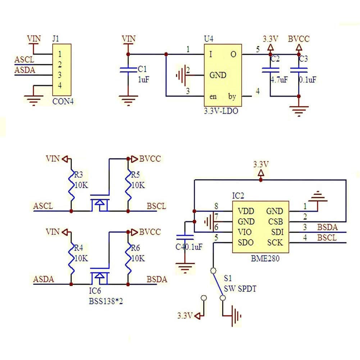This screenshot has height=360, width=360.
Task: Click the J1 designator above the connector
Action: (56, 38)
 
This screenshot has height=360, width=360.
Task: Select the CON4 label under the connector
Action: (63, 101)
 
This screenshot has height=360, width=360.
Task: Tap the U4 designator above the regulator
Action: (209, 39)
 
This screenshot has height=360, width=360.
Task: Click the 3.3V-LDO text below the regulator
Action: (221, 111)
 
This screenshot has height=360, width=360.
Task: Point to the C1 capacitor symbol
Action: (128, 70)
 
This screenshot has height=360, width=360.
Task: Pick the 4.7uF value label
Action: (279, 80)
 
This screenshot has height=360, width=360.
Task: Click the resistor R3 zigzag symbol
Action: (71, 186)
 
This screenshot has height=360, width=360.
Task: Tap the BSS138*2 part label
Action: (106, 301)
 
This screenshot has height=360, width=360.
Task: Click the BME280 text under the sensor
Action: (265, 259)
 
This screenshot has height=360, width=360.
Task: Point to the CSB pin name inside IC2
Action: (275, 222)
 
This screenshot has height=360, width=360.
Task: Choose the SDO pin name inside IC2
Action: (246, 242)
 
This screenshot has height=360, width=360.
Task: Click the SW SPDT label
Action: (240, 288)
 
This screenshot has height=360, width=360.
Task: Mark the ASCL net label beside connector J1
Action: (24, 60)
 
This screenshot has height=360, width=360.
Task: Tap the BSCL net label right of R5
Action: (156, 206)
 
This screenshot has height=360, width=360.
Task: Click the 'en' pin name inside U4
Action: (213, 97)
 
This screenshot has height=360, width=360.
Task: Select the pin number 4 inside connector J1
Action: (60, 85)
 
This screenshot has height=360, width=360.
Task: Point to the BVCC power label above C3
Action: (299, 39)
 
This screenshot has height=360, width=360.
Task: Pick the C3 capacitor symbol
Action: (299, 70)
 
